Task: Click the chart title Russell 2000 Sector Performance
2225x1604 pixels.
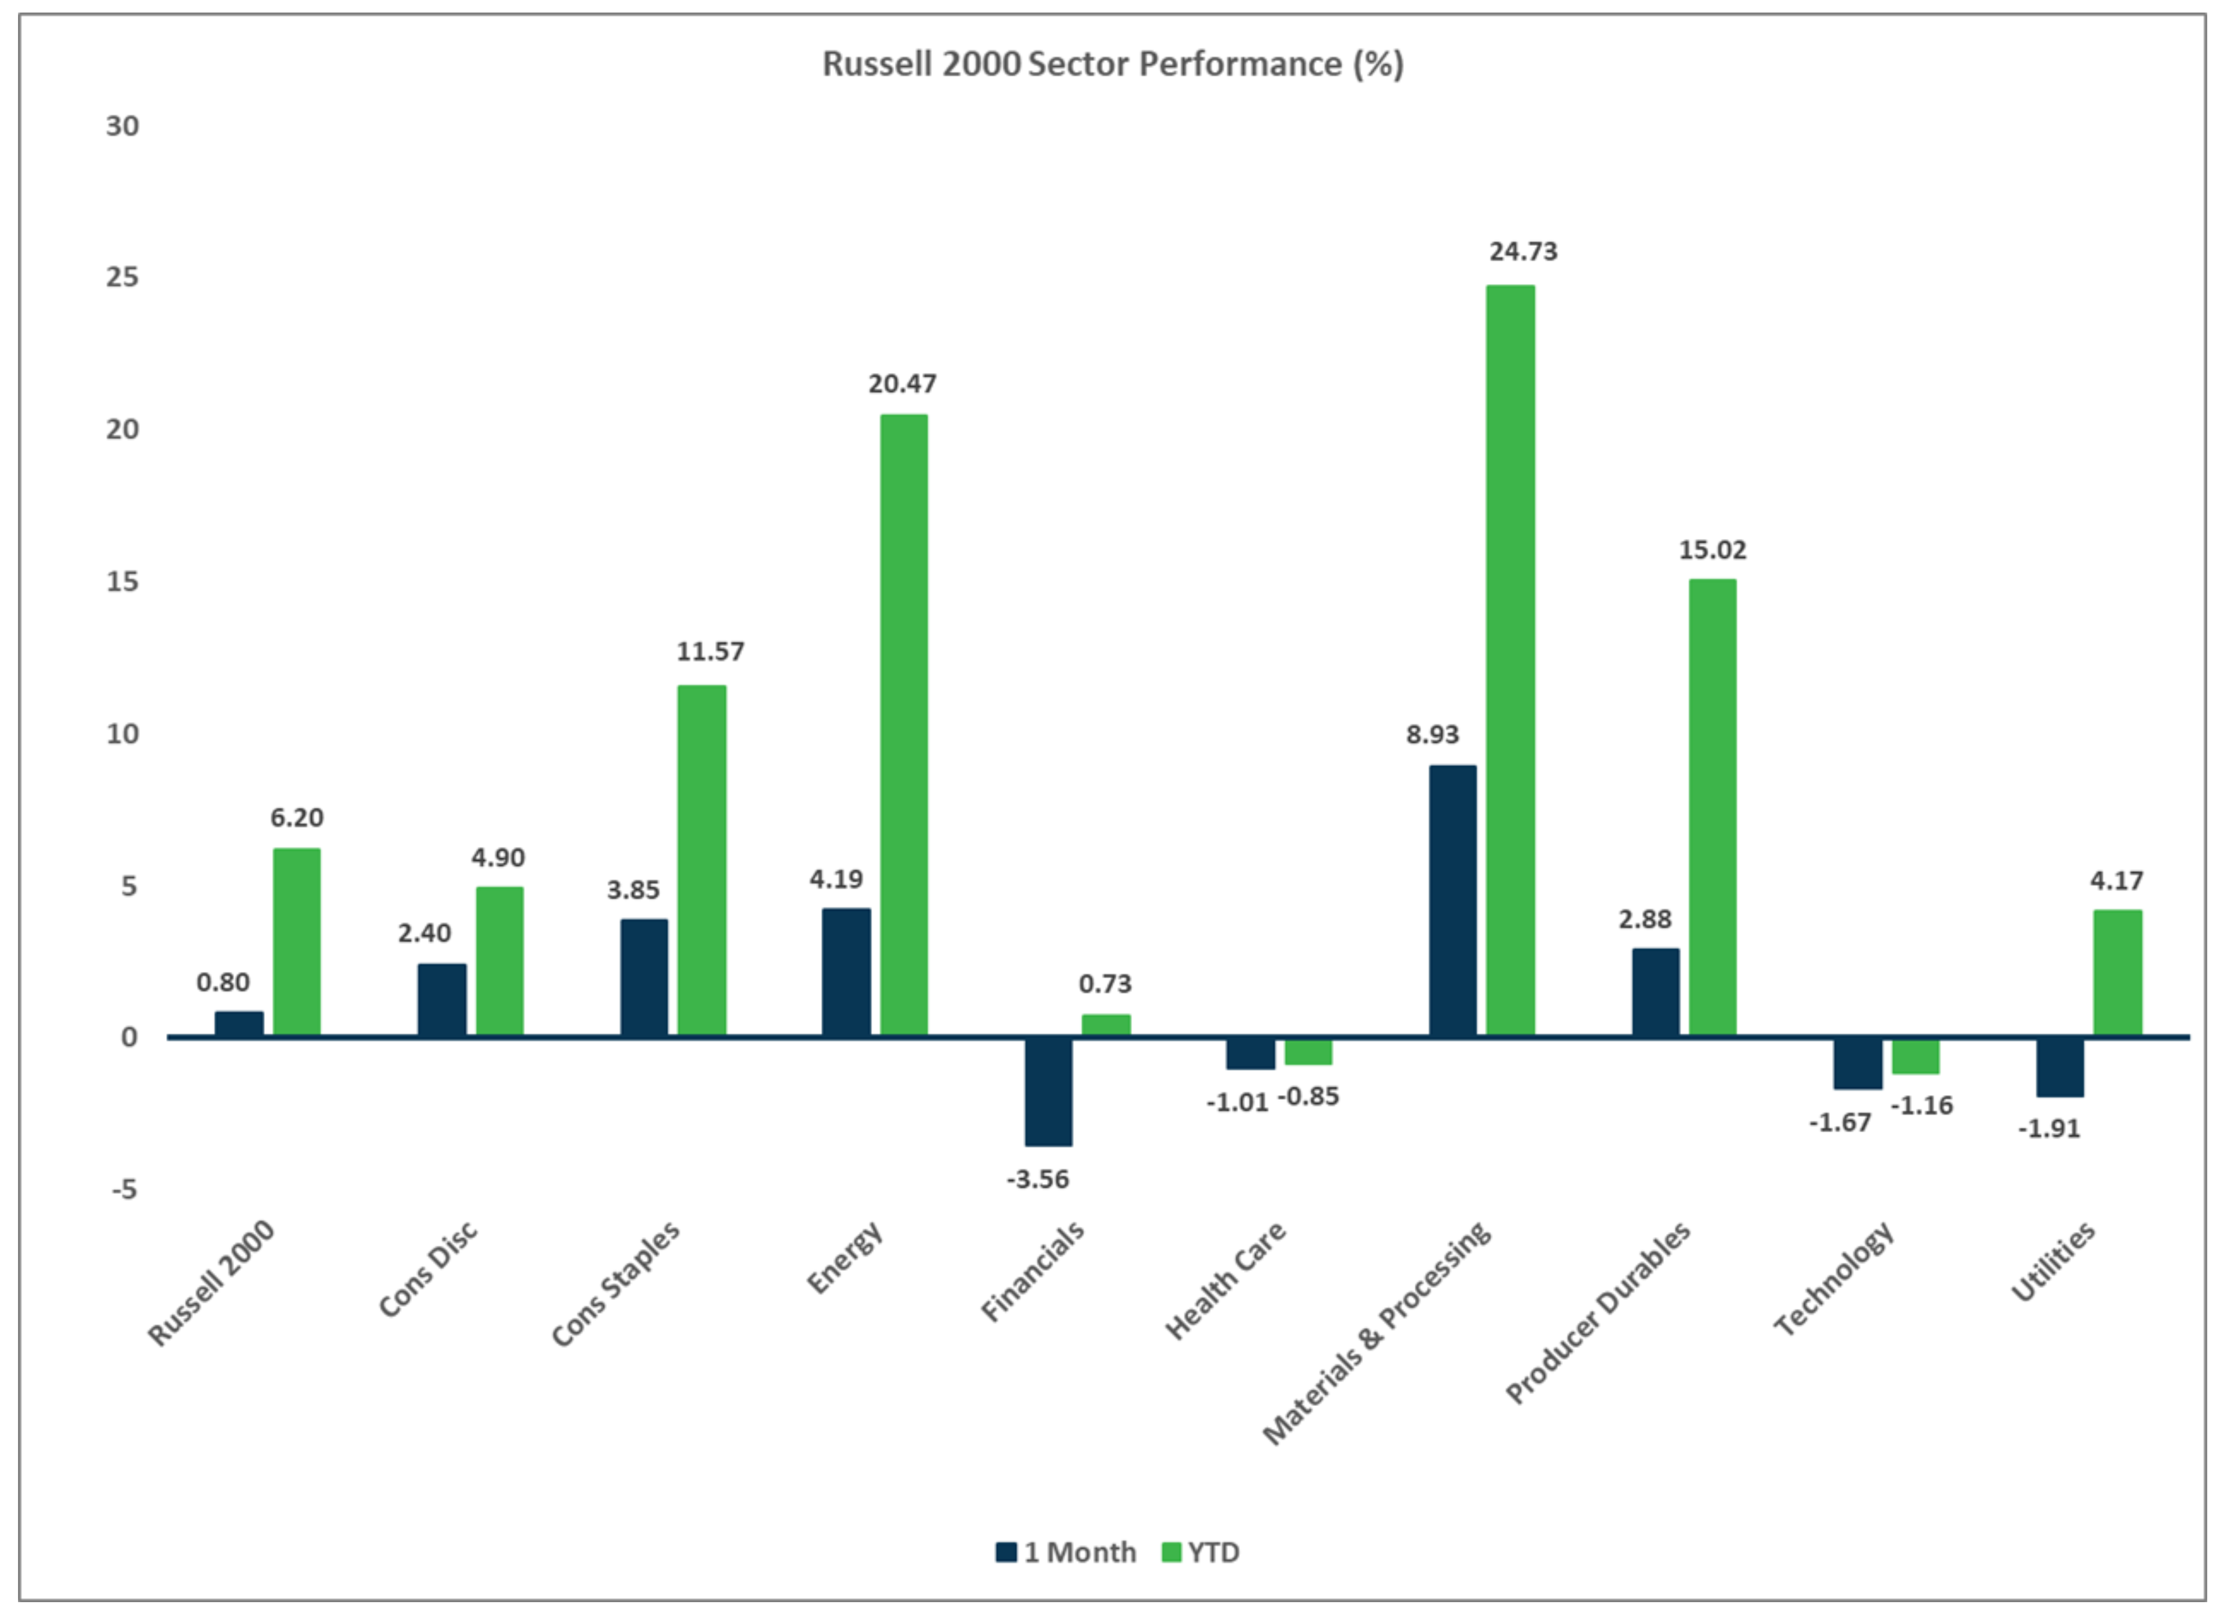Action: click(x=1112, y=65)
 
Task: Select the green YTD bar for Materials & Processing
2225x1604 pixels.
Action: click(x=1510, y=659)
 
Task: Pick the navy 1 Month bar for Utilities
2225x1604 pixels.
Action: click(x=2059, y=1066)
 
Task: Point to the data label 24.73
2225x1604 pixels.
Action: click(x=1523, y=252)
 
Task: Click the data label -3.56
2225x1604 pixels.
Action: click(x=1038, y=1179)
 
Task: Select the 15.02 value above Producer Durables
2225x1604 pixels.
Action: click(x=1712, y=551)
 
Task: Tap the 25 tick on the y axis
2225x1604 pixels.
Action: click(x=123, y=278)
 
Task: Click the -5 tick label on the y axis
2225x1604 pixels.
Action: click(x=124, y=1190)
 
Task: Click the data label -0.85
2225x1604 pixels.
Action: click(x=1308, y=1097)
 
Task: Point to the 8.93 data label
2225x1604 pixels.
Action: click(x=1432, y=735)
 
